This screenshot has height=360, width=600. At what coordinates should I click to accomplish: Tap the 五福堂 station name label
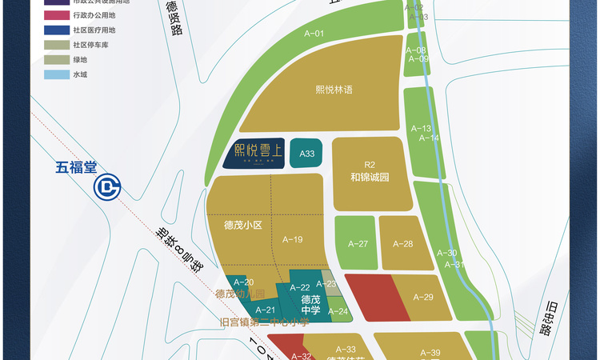point(76,168)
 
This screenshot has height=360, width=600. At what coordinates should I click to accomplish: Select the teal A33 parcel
point(307,153)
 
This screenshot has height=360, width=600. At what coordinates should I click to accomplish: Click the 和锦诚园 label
point(369,177)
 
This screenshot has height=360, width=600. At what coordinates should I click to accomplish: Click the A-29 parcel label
point(422,297)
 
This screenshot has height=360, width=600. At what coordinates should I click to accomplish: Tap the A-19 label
point(293,240)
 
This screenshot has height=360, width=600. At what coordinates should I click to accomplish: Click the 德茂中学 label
point(311,305)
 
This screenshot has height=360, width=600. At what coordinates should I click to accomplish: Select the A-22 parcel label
point(300,288)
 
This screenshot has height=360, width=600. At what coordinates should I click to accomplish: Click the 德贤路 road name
point(174,19)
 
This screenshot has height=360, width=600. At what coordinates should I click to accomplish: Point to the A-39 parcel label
point(430,353)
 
